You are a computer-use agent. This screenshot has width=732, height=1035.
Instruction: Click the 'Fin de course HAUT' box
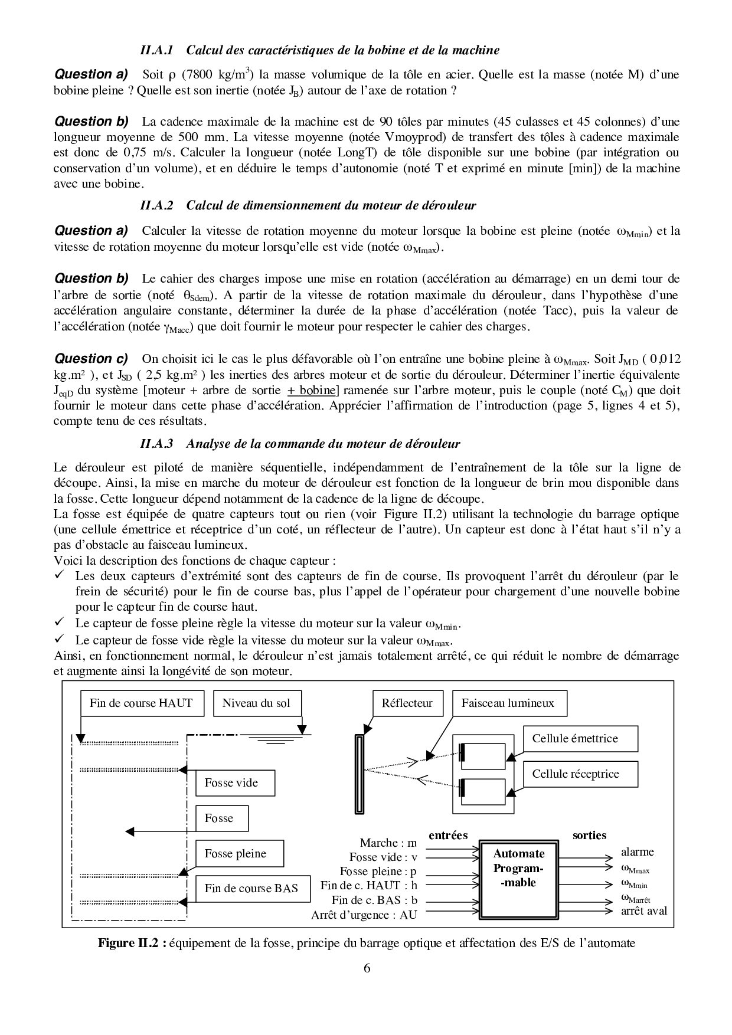tap(141, 703)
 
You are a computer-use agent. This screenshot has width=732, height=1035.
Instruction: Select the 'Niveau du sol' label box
tap(256, 703)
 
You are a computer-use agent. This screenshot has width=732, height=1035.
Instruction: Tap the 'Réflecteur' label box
tap(407, 703)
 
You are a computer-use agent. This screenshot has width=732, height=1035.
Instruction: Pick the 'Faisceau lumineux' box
tap(508, 703)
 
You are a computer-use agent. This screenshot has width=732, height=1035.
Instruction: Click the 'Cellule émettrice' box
tap(575, 739)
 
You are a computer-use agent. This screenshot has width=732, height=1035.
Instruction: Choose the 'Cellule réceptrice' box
tap(575, 774)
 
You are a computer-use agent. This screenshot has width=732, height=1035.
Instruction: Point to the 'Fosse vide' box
tap(235, 783)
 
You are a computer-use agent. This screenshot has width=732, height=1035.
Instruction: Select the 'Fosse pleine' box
tap(239, 853)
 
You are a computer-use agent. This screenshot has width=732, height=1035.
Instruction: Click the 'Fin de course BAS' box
tap(253, 888)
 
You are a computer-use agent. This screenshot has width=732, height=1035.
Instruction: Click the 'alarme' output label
tap(638, 852)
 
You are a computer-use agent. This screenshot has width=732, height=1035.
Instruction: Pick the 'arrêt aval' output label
tap(644, 910)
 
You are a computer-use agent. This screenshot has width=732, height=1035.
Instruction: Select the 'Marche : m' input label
tap(388, 843)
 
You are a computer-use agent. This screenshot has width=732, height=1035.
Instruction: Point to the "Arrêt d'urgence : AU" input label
tap(364, 915)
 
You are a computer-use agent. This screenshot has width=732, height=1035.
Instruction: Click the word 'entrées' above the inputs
tap(448, 835)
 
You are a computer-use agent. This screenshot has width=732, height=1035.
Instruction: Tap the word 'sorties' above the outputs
tap(589, 835)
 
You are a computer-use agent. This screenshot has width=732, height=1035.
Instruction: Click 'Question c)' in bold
tap(91, 359)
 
